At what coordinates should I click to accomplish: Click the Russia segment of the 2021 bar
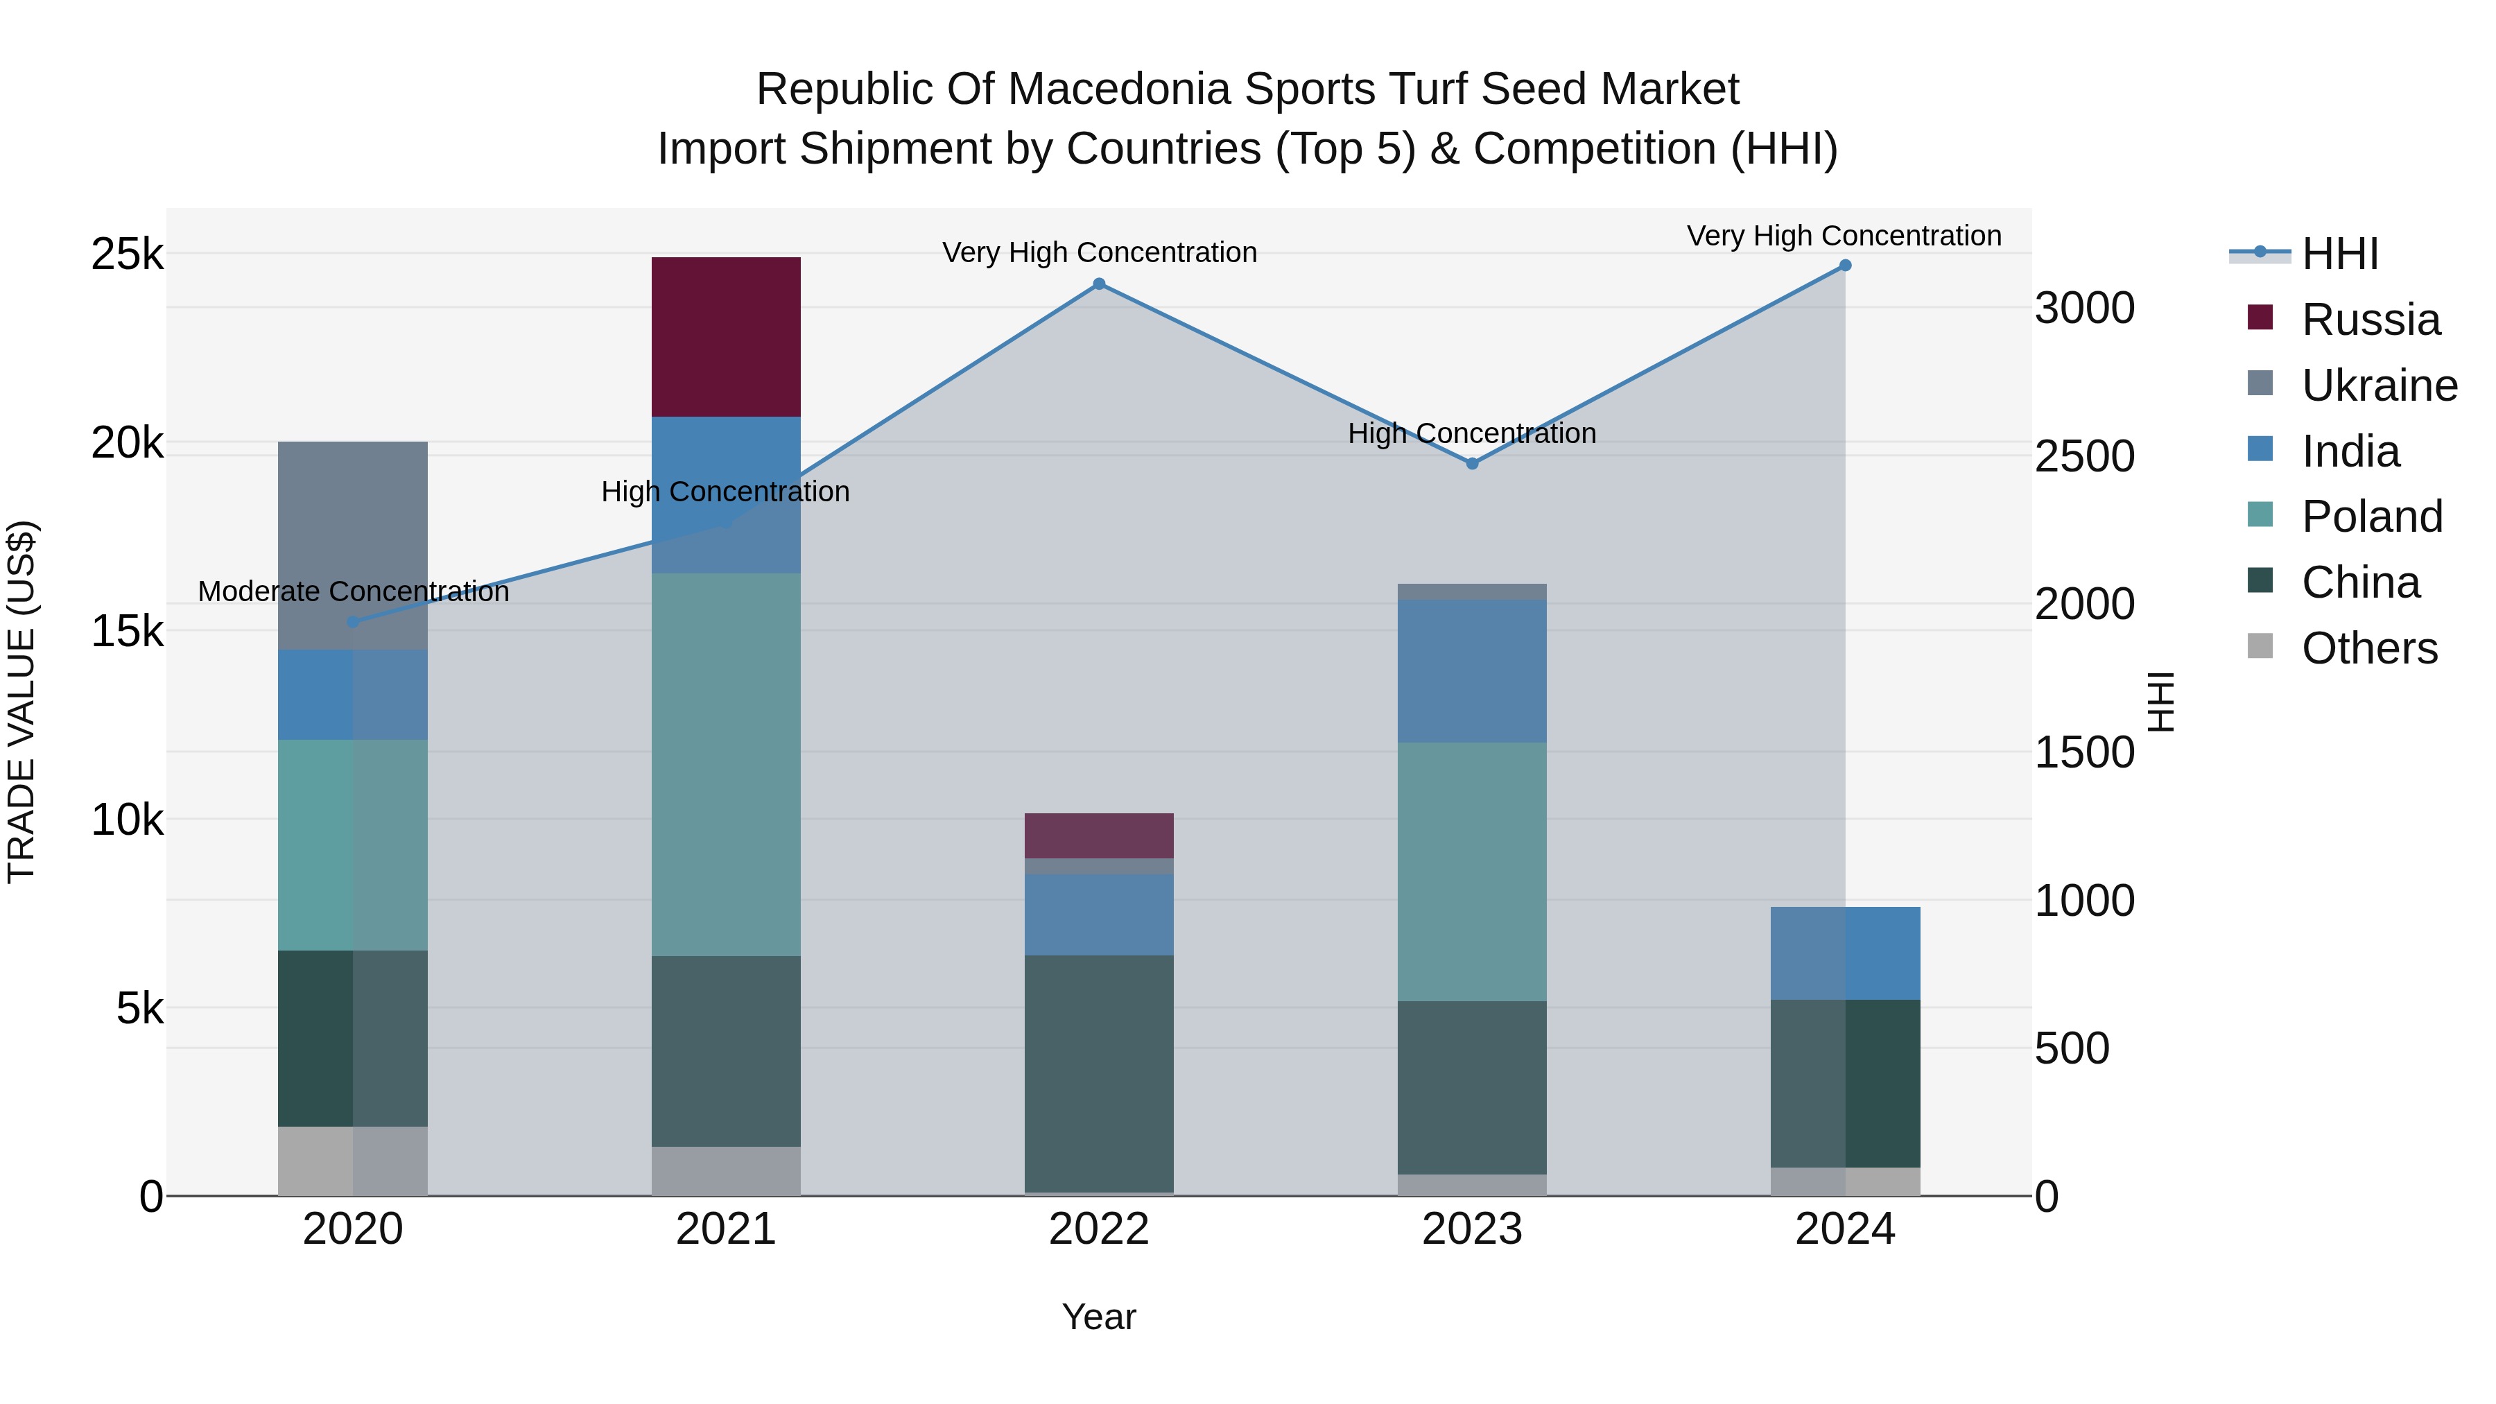coord(726,336)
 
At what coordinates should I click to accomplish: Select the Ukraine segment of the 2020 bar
coord(353,544)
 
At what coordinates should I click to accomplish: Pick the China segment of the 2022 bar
coord(1099,1073)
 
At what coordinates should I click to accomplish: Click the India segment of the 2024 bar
coord(1845,953)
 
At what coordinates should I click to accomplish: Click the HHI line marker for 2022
coord(1099,284)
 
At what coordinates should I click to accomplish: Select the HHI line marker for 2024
coord(1845,266)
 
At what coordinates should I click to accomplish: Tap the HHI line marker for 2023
coord(1472,463)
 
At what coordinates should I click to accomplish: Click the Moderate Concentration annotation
coord(353,591)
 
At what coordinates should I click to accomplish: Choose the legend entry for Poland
coord(2371,517)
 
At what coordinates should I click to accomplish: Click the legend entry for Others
coord(2368,648)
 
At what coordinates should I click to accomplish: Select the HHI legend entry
coord(2339,254)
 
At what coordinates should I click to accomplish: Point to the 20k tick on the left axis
coord(127,444)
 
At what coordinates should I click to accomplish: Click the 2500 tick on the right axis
coord(2084,456)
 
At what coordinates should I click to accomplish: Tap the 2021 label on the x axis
coord(726,1229)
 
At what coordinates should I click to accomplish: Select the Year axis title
coord(1099,1317)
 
